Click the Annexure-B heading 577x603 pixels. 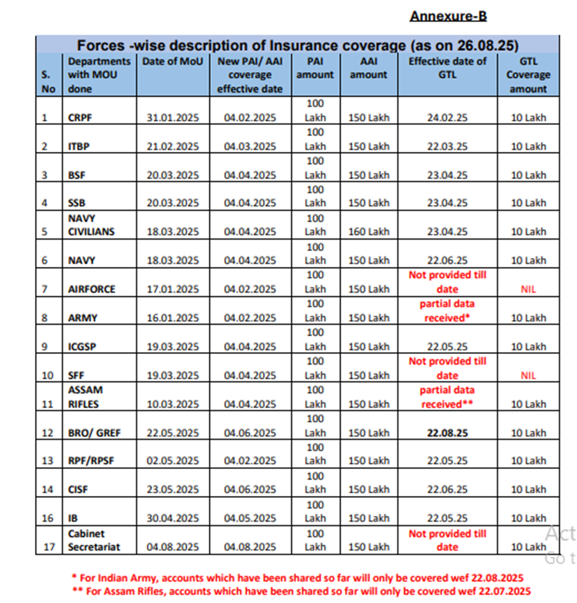click(448, 16)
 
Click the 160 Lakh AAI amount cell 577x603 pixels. click(368, 232)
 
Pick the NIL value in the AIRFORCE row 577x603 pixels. click(527, 289)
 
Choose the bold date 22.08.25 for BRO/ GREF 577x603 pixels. click(447, 433)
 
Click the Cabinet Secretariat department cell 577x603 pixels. click(90, 540)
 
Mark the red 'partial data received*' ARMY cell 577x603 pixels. click(447, 311)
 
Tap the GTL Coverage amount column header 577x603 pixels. click(527, 75)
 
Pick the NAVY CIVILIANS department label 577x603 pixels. click(91, 225)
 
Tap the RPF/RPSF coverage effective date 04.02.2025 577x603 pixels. click(250, 461)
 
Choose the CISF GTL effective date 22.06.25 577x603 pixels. click(447, 490)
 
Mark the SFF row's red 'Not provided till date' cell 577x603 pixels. click(447, 369)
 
